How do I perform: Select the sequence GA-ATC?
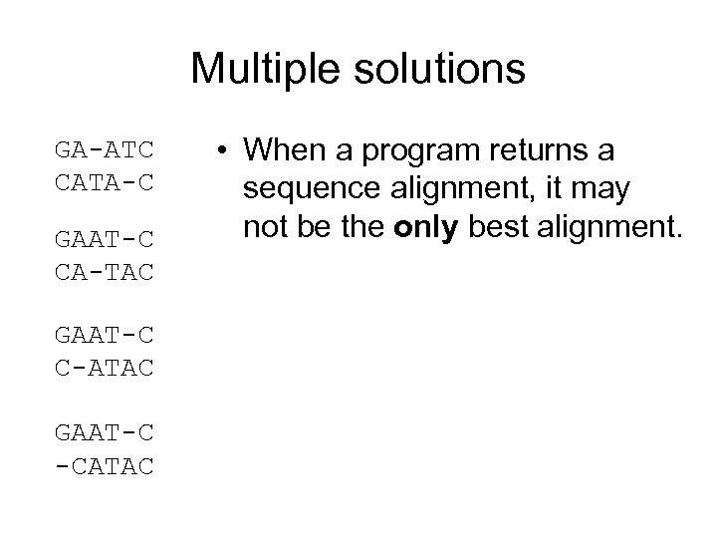[105, 151]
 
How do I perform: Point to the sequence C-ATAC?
[105, 370]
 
